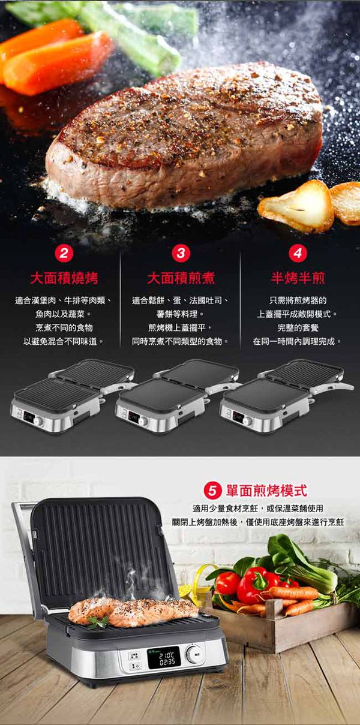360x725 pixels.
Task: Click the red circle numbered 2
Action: (64, 253)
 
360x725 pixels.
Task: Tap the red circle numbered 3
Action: (181, 253)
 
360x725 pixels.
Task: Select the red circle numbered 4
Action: (298, 253)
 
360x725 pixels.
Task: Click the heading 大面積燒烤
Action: (64, 278)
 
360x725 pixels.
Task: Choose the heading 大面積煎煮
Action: (181, 278)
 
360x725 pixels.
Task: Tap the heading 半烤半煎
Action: (298, 278)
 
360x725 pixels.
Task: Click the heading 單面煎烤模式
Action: (266, 491)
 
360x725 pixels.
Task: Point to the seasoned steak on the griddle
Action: (186, 138)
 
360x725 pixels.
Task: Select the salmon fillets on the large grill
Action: (132, 610)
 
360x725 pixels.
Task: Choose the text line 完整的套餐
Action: (298, 327)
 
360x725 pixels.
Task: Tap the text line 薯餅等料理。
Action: (181, 314)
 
